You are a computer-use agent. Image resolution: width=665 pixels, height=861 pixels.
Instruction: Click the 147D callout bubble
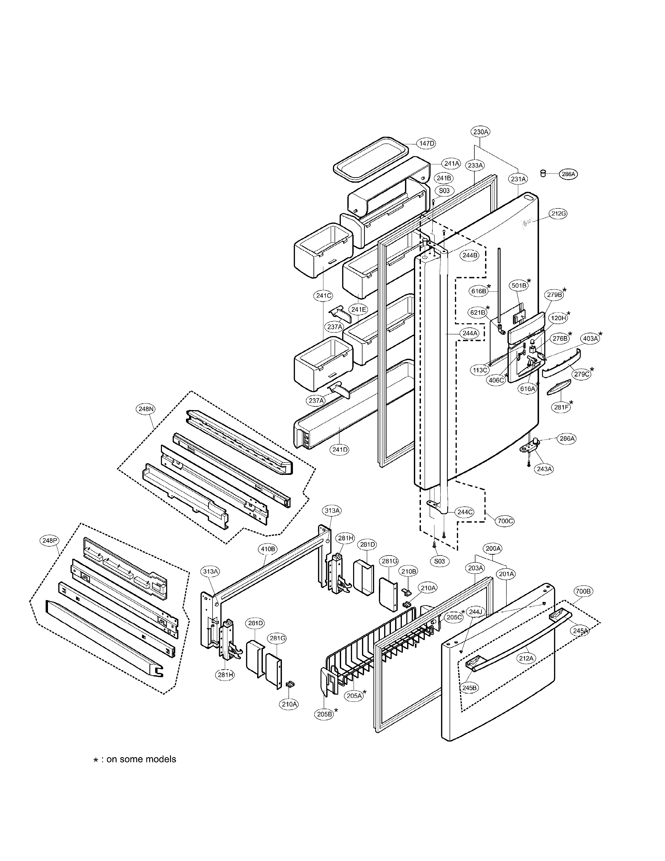click(x=427, y=143)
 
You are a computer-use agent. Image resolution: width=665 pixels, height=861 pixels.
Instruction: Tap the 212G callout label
click(x=559, y=214)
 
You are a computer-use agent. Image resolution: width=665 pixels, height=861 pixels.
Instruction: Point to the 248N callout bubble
click(x=146, y=409)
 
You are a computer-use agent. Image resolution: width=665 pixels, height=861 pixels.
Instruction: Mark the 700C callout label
click(x=505, y=521)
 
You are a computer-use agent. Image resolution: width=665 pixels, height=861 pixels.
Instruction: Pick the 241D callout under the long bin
click(x=340, y=449)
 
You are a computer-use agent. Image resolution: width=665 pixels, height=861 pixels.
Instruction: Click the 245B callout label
click(x=469, y=688)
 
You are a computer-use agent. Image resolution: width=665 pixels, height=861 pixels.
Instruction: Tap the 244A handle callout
click(x=470, y=333)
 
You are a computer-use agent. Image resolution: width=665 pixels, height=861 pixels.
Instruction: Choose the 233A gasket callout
click(x=475, y=166)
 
